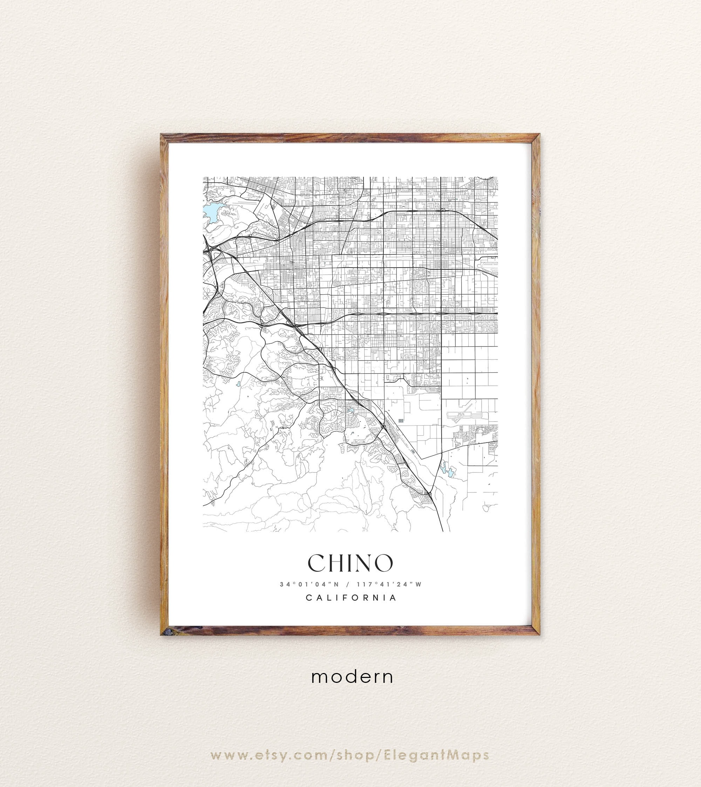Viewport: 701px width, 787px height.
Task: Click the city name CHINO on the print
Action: [350, 564]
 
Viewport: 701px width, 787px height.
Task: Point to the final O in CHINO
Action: [383, 564]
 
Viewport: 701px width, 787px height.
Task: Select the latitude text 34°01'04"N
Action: [309, 584]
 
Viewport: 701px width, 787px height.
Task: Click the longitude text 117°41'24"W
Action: [389, 584]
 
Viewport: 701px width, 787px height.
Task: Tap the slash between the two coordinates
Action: [348, 584]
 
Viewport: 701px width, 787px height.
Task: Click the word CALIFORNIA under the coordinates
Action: [351, 598]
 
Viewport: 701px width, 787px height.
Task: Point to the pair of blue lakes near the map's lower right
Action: [446, 470]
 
